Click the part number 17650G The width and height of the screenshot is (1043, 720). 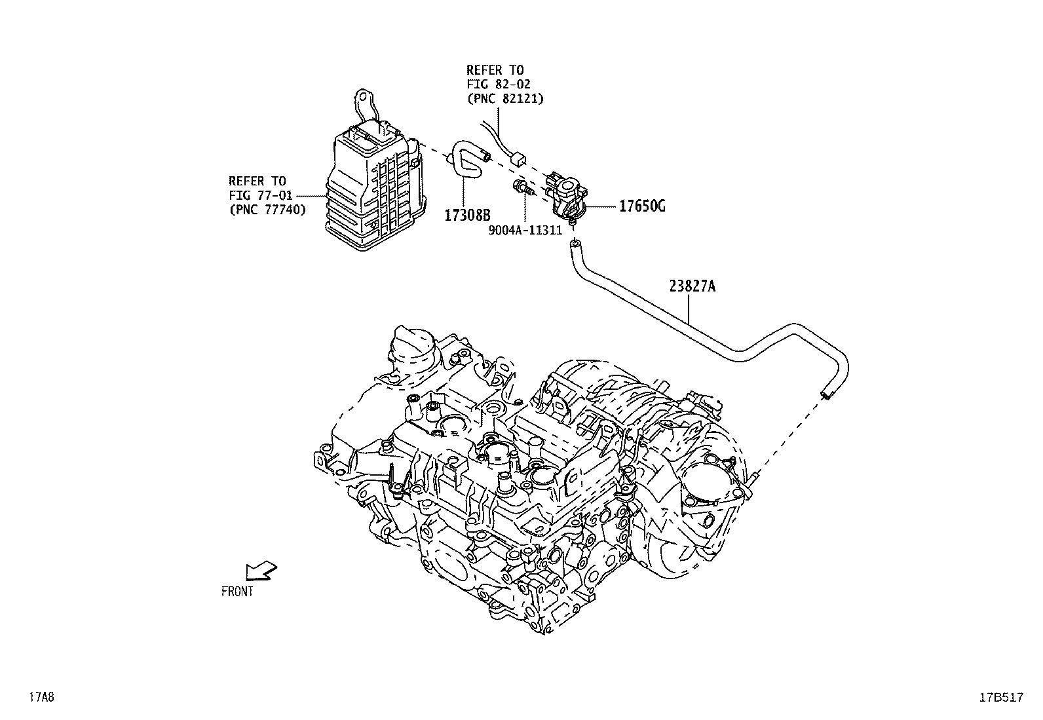pos(643,207)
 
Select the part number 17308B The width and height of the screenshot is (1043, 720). pos(468,214)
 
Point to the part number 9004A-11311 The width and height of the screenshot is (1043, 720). pos(525,231)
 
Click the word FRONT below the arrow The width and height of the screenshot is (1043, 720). pos(237,592)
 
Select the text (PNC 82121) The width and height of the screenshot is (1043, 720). pos(505,98)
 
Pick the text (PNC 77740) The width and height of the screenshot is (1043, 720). pos(267,210)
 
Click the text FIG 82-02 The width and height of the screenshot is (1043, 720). pos(499,84)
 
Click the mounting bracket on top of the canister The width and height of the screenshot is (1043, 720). pos(364,108)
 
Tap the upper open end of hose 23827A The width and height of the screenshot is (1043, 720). pos(575,245)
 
